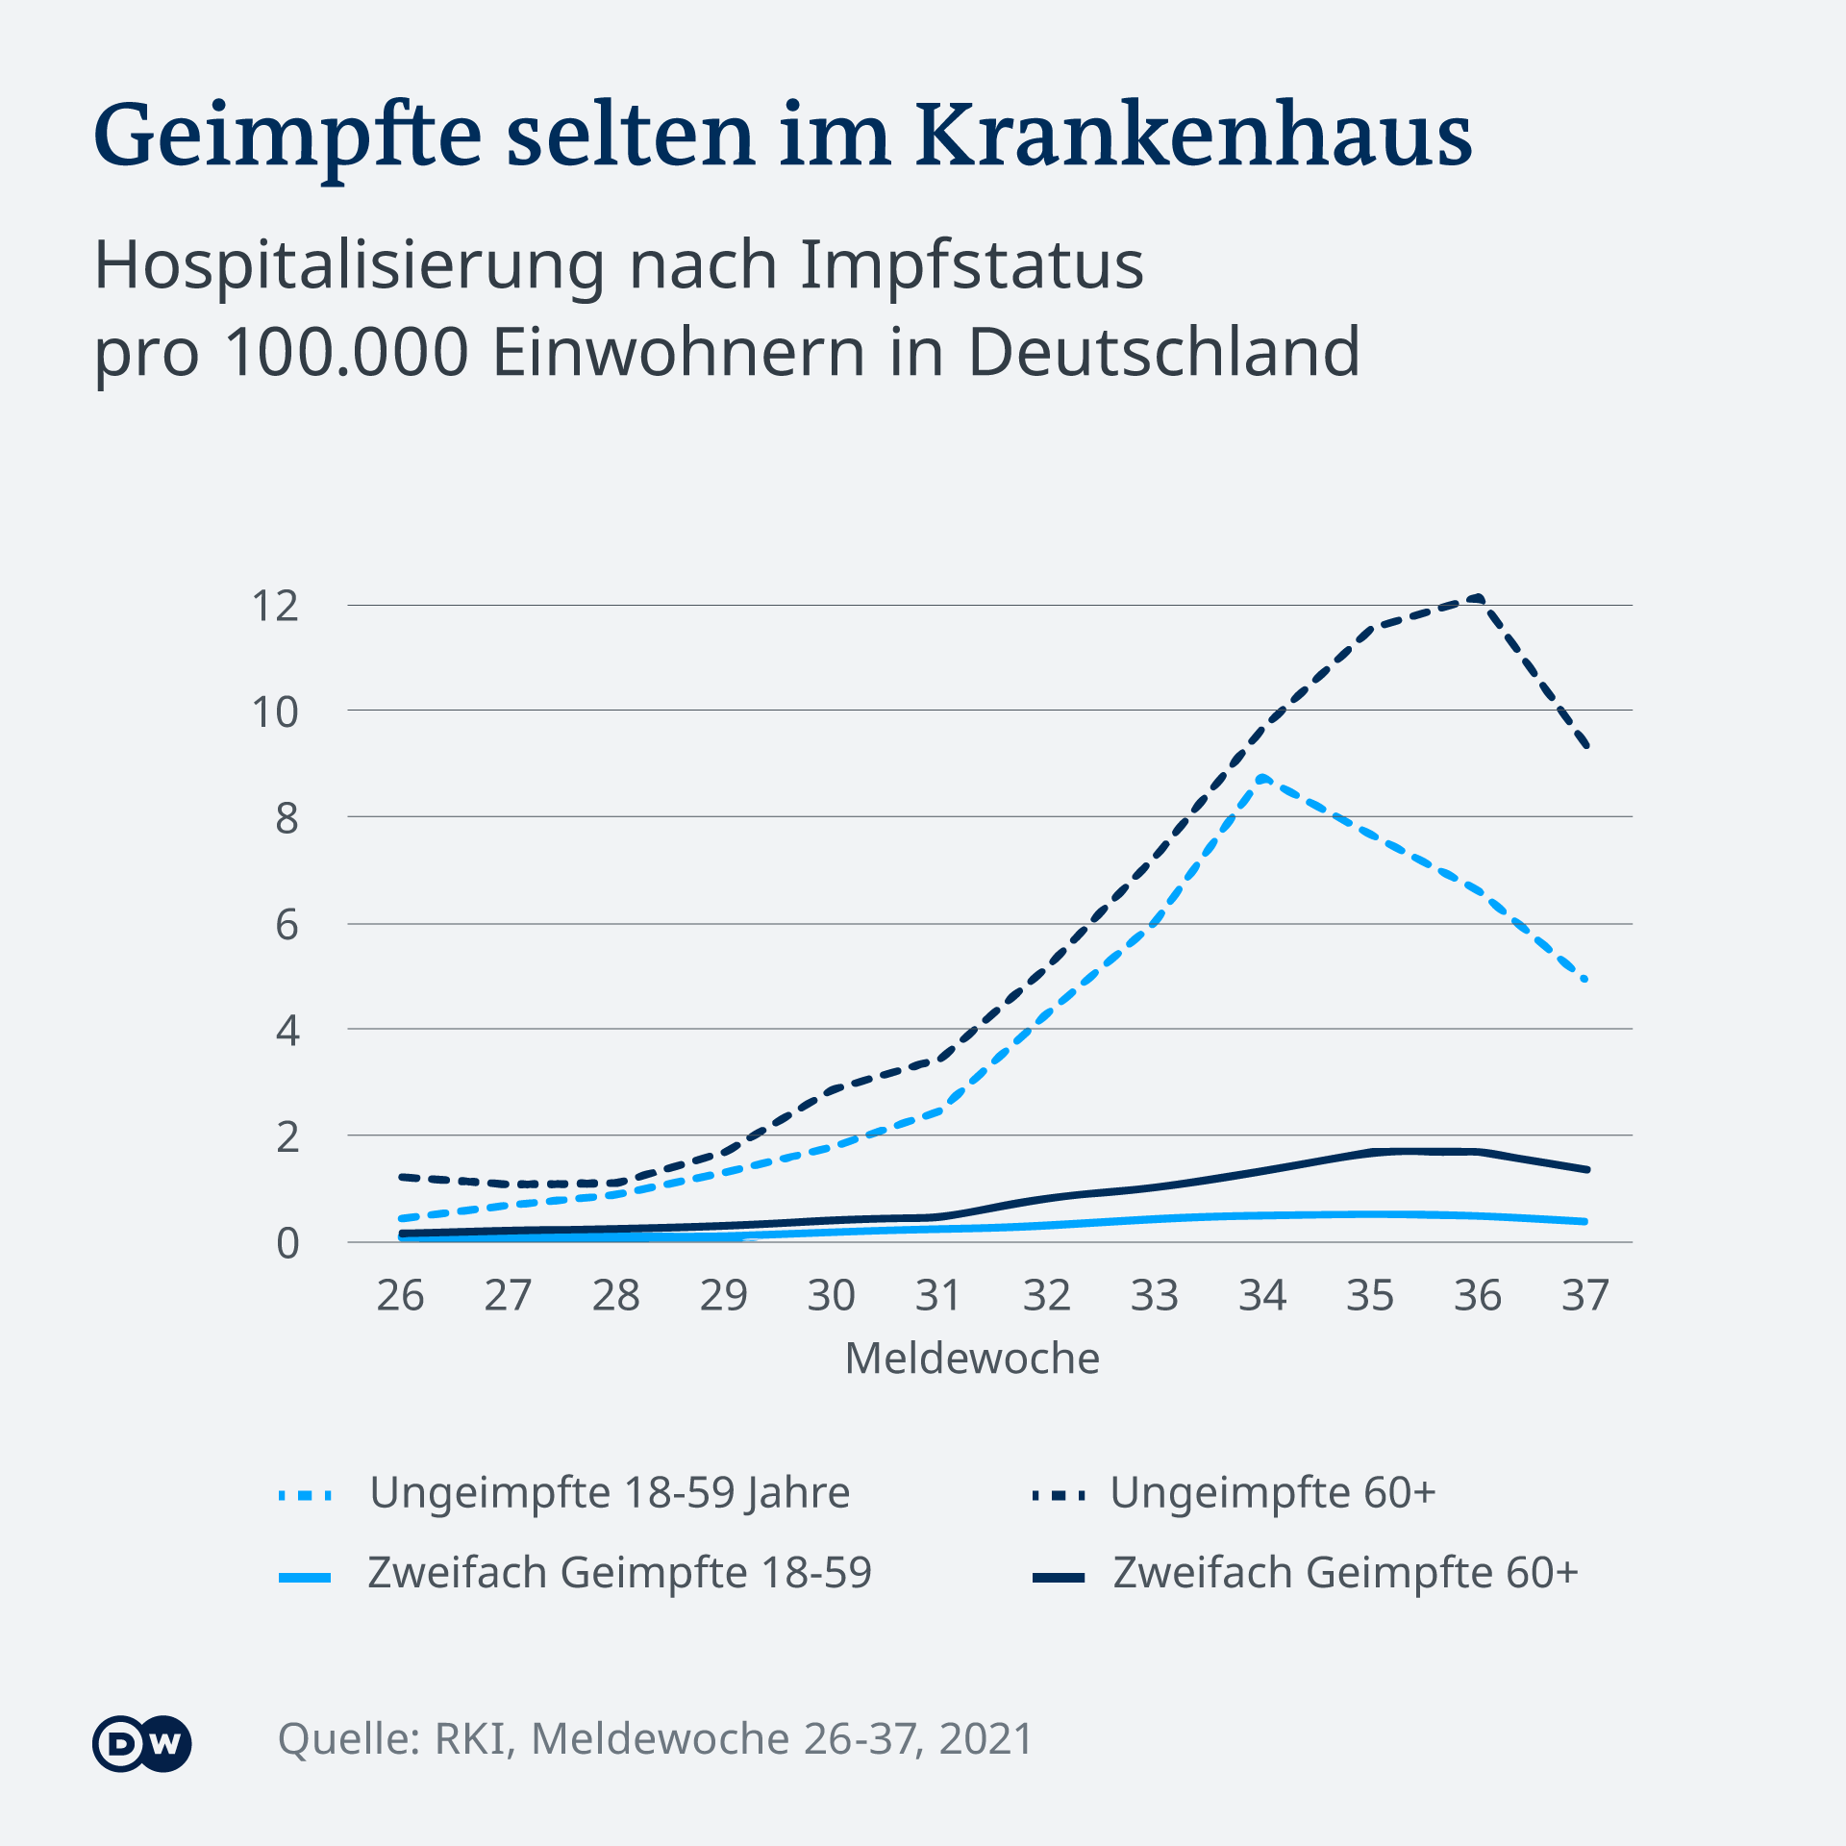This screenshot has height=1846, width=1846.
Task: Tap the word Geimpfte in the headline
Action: click(287, 137)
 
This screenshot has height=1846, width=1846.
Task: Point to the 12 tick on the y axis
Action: click(275, 607)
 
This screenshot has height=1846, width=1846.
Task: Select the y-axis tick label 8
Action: click(287, 818)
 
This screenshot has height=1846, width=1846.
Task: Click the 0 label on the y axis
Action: click(287, 1244)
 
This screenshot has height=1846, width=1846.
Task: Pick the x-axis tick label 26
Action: click(400, 1296)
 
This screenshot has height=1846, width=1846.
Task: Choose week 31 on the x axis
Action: click(938, 1296)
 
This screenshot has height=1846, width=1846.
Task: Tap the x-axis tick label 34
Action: click(1261, 1296)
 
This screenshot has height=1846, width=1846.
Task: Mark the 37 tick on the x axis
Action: click(1584, 1296)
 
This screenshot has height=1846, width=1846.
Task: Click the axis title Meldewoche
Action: click(972, 1359)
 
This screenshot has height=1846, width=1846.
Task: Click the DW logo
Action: click(142, 1743)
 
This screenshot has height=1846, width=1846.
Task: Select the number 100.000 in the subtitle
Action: click(347, 352)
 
